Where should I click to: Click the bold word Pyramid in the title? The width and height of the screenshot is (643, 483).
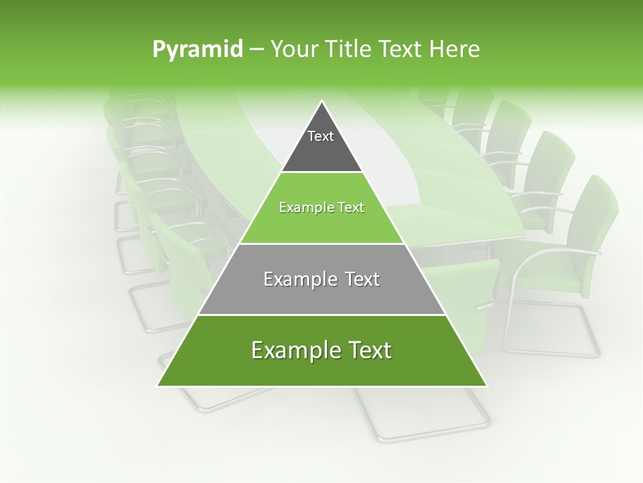pyautogui.click(x=197, y=50)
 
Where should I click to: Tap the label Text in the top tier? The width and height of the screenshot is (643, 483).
pyautogui.click(x=321, y=136)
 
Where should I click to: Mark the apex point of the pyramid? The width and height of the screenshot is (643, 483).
pyautogui.click(x=322, y=101)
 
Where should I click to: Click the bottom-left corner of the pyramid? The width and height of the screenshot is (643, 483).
pyautogui.click(x=158, y=385)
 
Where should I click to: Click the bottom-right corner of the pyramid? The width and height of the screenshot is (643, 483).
pyautogui.click(x=486, y=385)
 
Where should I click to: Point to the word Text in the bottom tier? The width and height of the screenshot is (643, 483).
pyautogui.click(x=368, y=351)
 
